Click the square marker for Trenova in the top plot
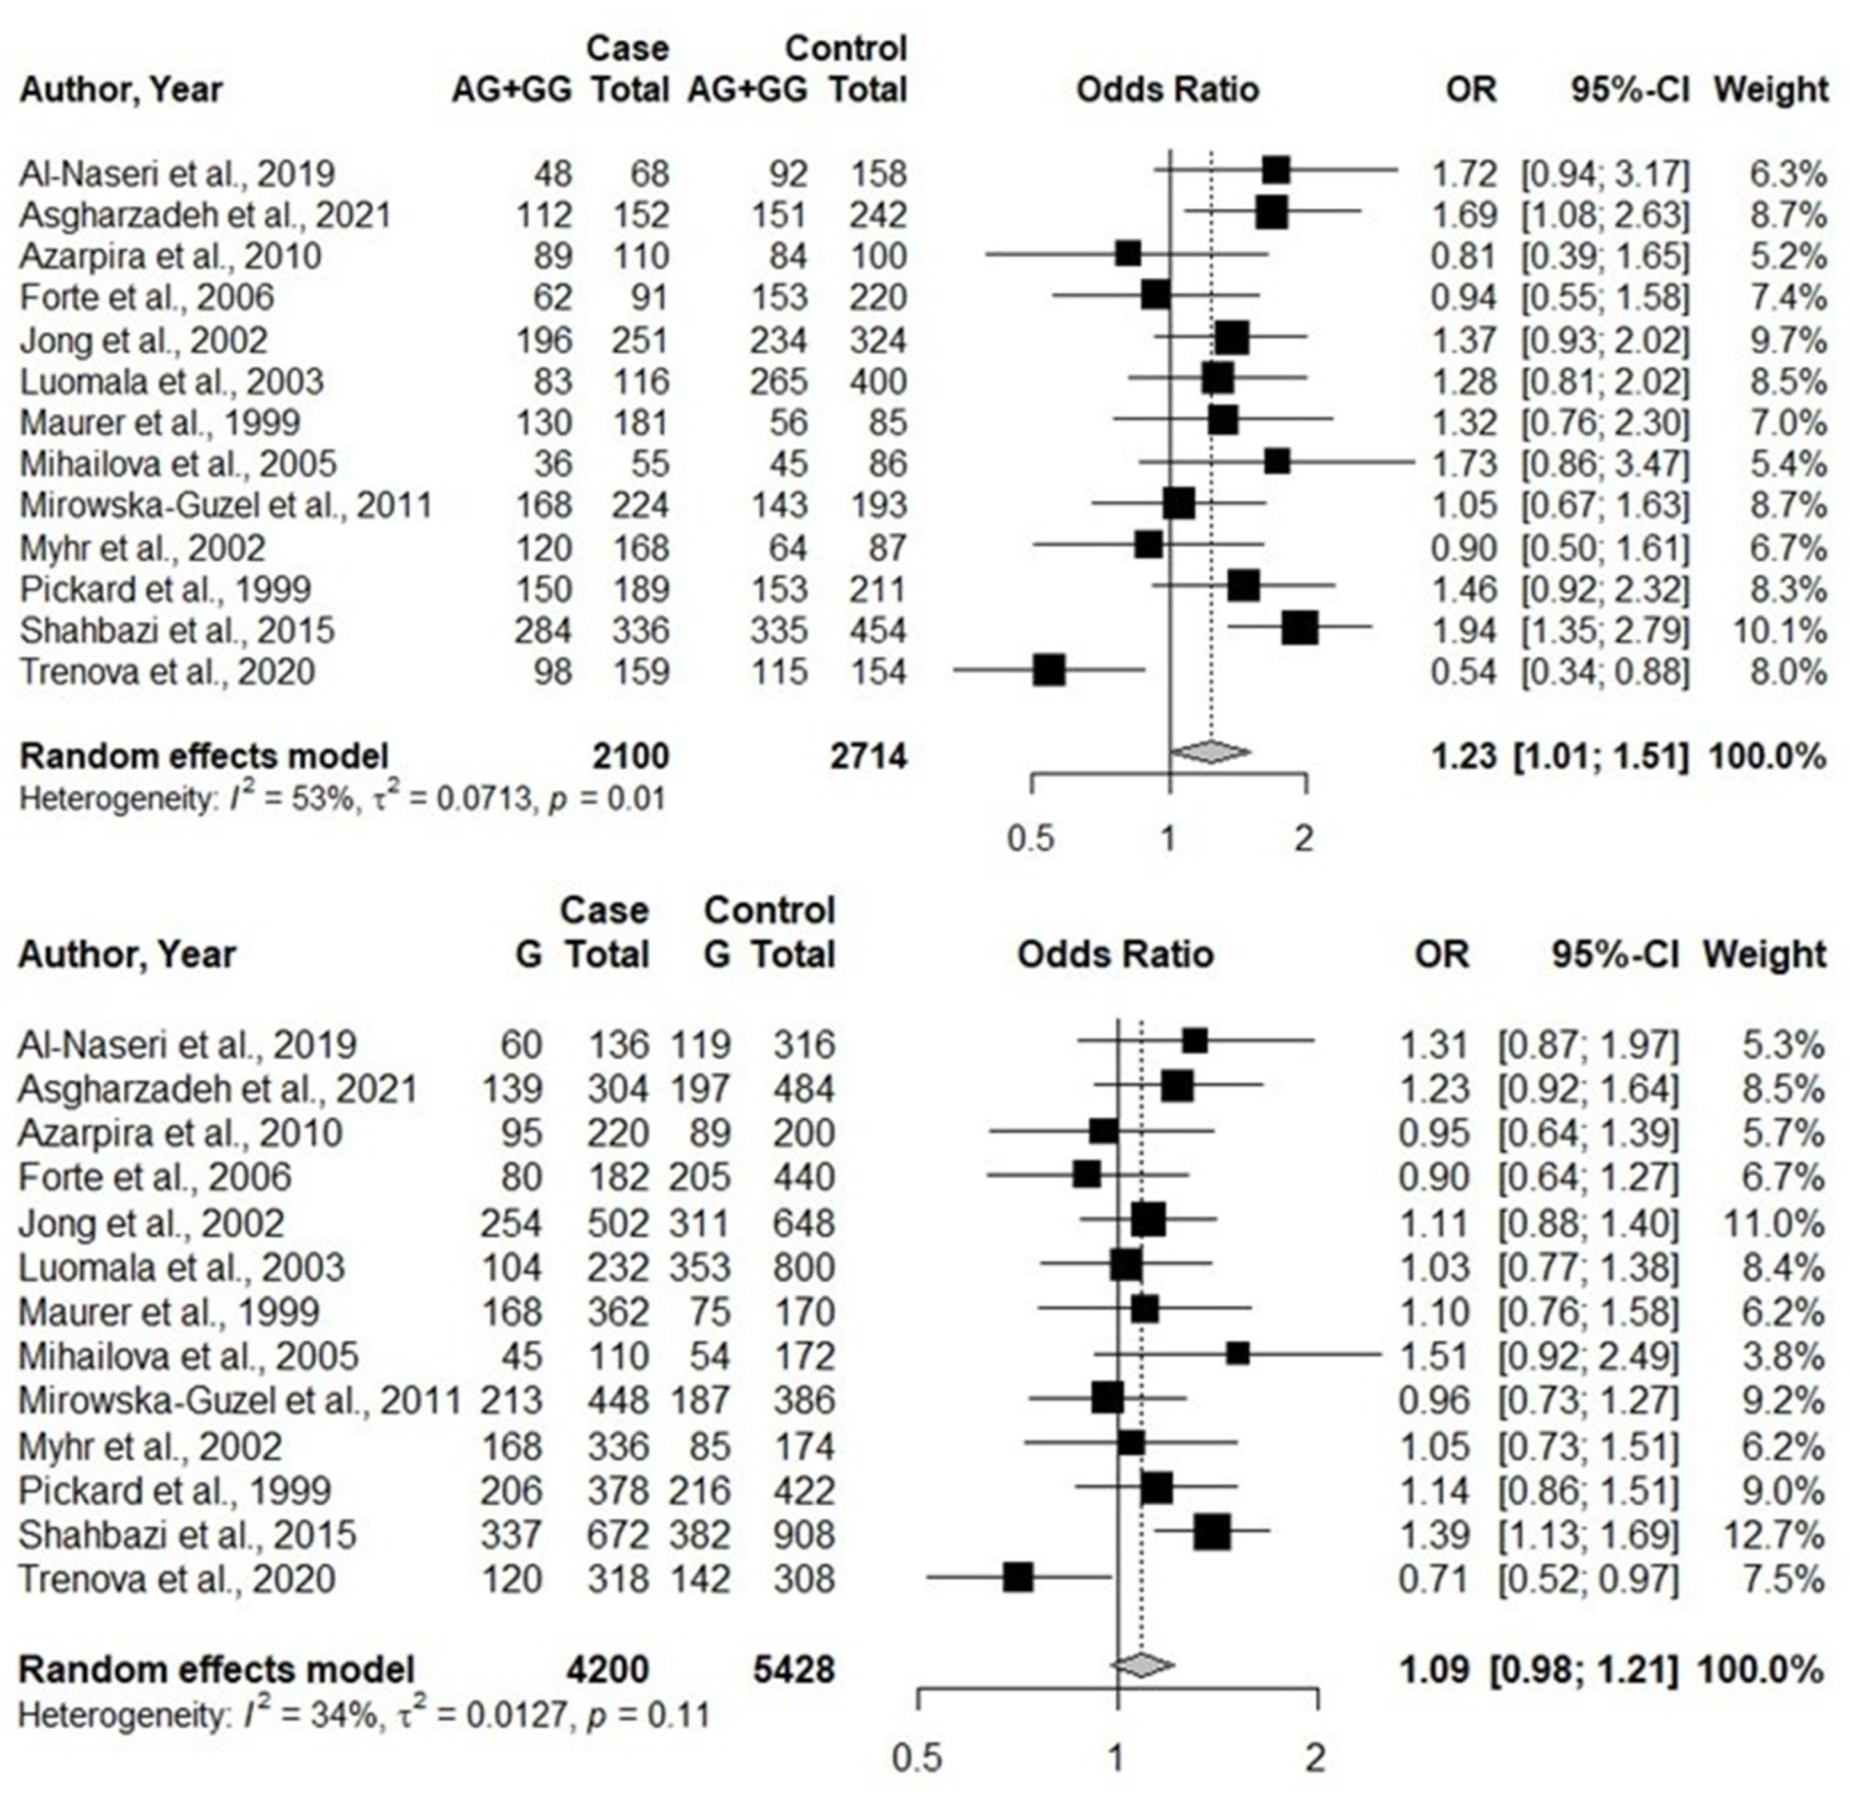coord(1048,671)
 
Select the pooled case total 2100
coord(630,756)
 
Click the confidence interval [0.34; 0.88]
coord(1605,671)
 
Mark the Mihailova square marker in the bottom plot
coord(1238,1354)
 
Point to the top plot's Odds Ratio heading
coord(1167,90)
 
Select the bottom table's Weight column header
coord(1762,954)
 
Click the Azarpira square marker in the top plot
coord(1127,254)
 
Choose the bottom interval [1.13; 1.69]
coord(1589,1535)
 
